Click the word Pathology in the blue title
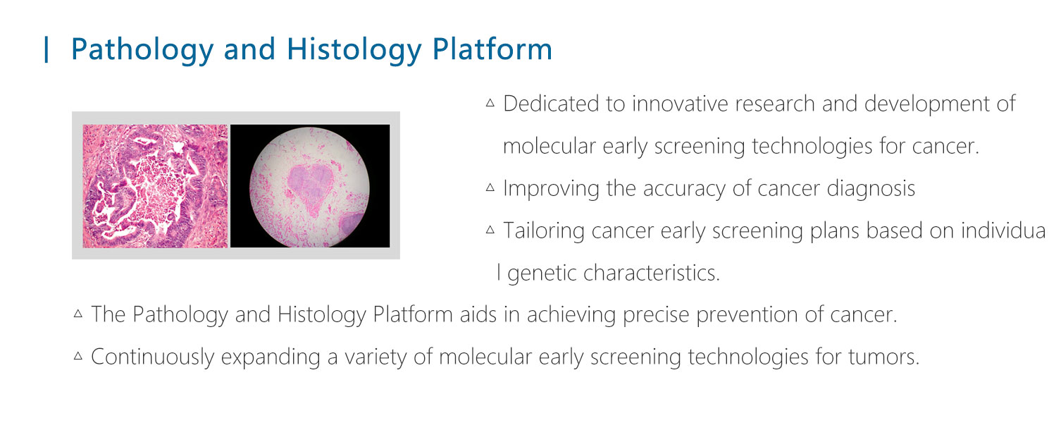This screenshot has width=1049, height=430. [x=142, y=50]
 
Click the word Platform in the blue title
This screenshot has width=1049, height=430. [x=492, y=49]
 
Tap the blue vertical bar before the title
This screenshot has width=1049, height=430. [x=46, y=49]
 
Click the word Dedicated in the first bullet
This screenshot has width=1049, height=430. [x=551, y=104]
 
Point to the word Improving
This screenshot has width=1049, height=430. [x=551, y=188]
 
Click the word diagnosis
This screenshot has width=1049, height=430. [x=871, y=188]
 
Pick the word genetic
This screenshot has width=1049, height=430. [x=542, y=273]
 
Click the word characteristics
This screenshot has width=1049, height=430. [x=652, y=273]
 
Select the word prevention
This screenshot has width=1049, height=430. [x=747, y=314]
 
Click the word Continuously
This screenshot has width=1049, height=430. [x=152, y=357]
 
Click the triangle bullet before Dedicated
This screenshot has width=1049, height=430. [x=490, y=103]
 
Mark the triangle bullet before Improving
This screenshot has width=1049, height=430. [x=490, y=188]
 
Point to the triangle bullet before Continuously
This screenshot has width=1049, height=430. [x=78, y=356]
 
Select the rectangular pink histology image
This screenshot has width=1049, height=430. [x=155, y=186]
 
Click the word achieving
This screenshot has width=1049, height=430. [x=571, y=314]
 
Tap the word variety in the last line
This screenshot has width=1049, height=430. [x=375, y=357]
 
